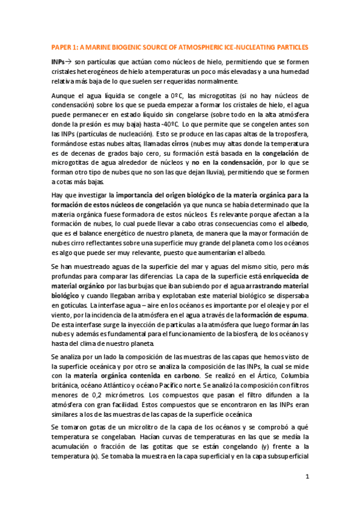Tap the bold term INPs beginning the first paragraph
59,62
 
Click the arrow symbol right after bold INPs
69,62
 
